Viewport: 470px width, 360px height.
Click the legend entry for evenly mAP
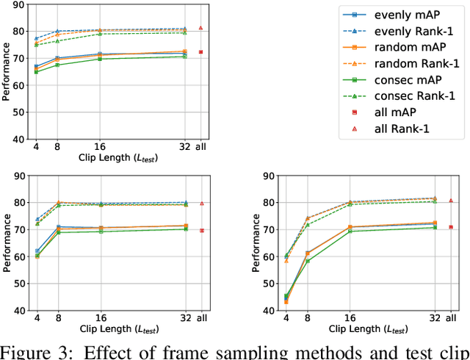(397, 15)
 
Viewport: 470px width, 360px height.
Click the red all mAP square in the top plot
(200, 52)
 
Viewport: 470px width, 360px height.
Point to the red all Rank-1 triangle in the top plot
(200, 28)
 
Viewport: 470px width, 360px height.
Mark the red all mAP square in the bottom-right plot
(451, 227)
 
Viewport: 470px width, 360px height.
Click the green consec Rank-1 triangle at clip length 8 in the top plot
(57, 41)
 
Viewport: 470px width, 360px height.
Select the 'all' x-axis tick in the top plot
(200, 145)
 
